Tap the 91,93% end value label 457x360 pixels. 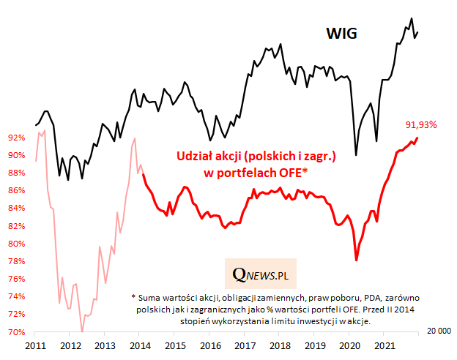point(421,124)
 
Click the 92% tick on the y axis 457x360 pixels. point(17,137)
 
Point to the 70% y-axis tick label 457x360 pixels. point(17,332)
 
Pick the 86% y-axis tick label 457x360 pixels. point(17,190)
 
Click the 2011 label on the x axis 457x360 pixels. point(36,345)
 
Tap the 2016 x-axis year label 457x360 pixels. point(210,345)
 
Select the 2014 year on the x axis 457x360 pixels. point(141,345)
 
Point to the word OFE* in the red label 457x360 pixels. point(292,173)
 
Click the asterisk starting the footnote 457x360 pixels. point(134,299)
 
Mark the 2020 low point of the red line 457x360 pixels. point(356,260)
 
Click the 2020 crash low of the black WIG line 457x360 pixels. point(356,155)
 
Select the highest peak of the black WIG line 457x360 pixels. point(411,18)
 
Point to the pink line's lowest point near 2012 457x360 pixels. point(82,331)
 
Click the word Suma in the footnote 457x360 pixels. point(149,299)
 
